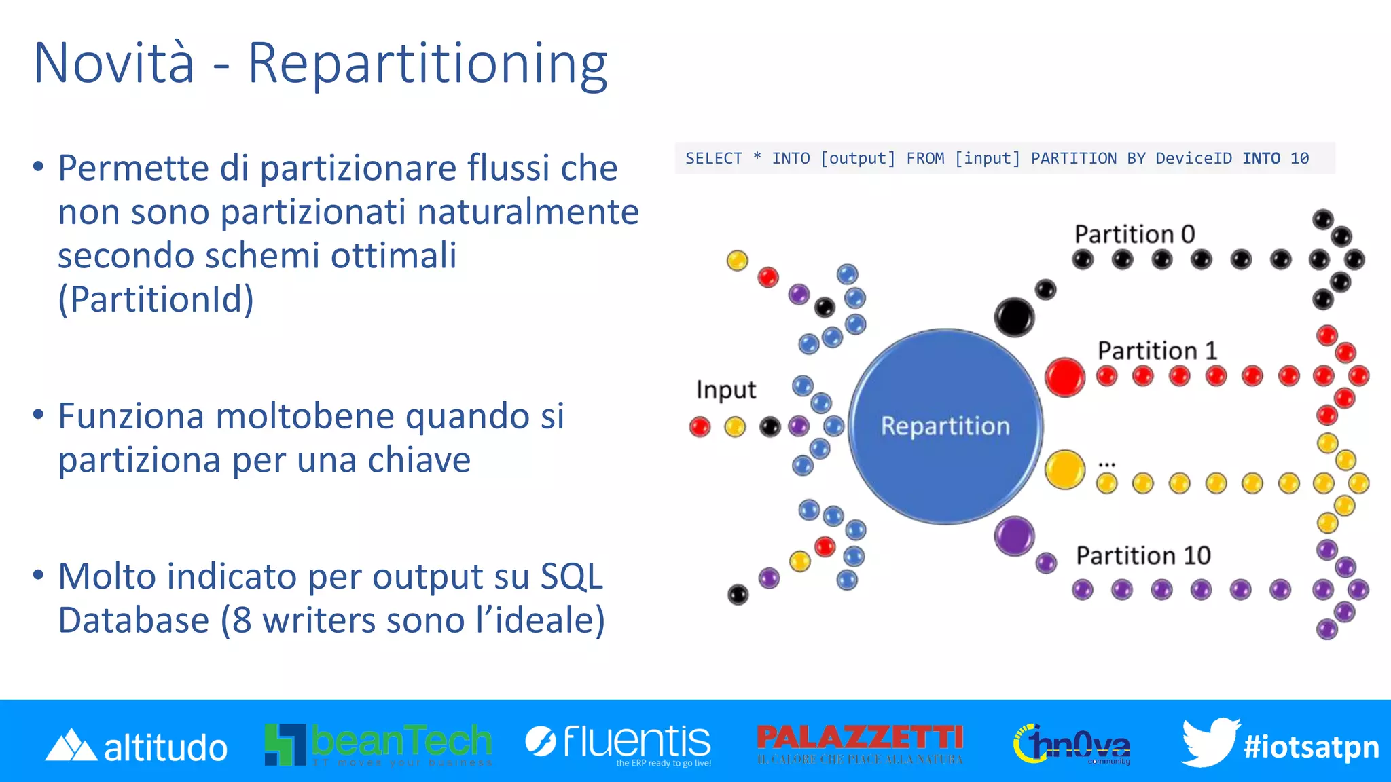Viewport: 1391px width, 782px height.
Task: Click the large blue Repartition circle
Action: [x=945, y=426]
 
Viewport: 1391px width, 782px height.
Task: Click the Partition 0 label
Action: [x=1134, y=234]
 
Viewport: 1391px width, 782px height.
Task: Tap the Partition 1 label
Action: [x=1157, y=350]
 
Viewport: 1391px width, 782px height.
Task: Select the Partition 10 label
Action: [x=1143, y=555]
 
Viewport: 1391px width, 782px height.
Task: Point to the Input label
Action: [x=725, y=390]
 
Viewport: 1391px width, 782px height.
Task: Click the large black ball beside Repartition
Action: [x=1014, y=316]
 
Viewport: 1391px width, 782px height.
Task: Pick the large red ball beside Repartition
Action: [x=1064, y=377]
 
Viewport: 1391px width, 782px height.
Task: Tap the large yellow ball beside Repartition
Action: [x=1064, y=469]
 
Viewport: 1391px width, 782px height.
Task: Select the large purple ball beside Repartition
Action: [x=1014, y=536]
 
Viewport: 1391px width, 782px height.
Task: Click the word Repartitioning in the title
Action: [x=427, y=64]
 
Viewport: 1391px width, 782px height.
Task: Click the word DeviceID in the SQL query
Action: [x=1193, y=158]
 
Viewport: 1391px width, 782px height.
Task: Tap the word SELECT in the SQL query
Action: [x=713, y=158]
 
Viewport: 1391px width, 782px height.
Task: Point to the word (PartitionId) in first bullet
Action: [x=156, y=299]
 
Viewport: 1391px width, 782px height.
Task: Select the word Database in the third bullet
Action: [x=133, y=620]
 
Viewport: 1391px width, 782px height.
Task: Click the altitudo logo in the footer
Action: [x=136, y=746]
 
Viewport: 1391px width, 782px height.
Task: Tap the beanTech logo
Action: [x=378, y=744]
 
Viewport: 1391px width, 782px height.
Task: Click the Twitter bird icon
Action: [x=1209, y=741]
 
